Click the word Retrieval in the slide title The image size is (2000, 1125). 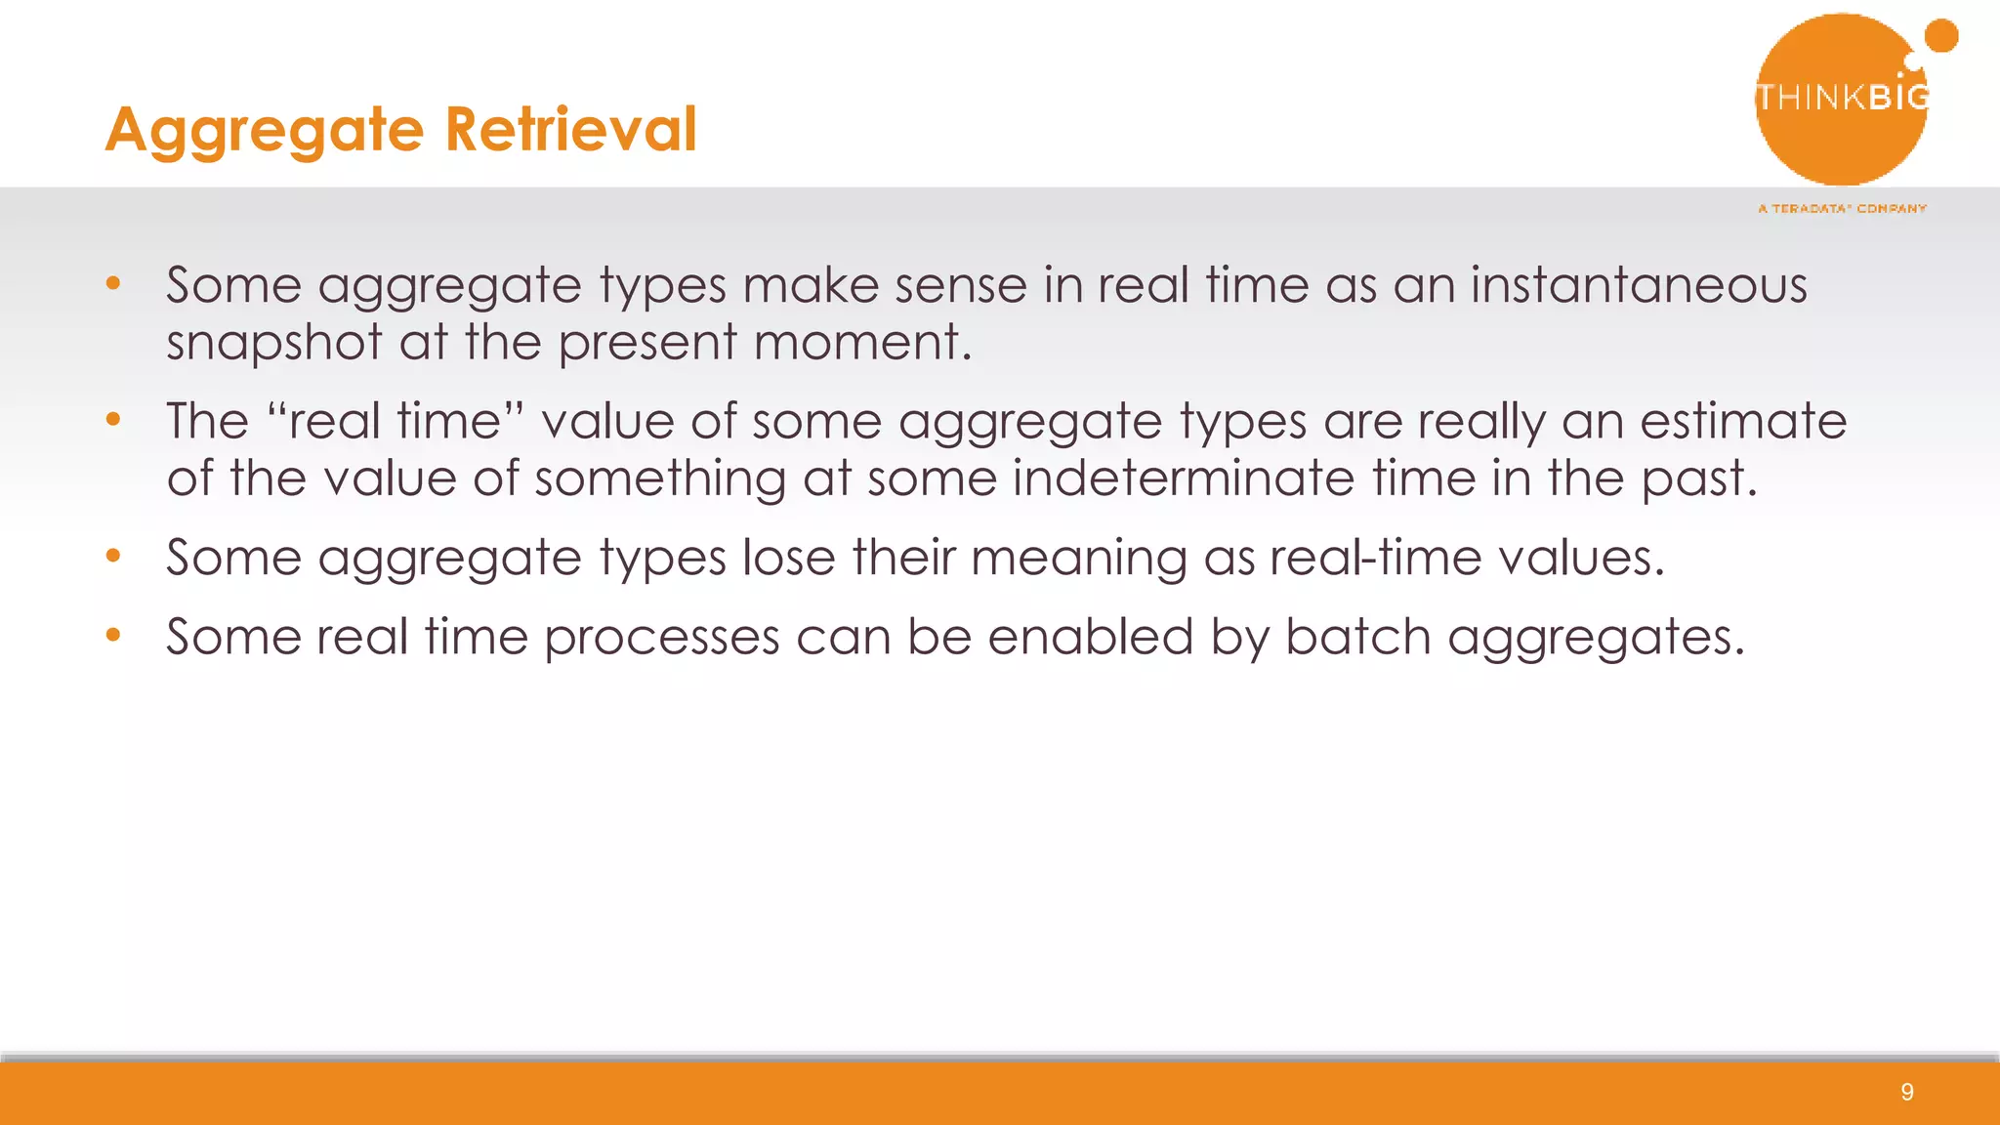(x=571, y=129)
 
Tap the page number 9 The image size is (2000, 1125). (x=1907, y=1092)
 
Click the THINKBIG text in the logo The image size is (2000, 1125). (x=1842, y=97)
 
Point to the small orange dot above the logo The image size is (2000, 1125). (x=1940, y=36)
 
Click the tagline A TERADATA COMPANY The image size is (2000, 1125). (x=1842, y=208)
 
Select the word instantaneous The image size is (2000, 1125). (x=1639, y=285)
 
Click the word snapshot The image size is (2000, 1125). (x=274, y=343)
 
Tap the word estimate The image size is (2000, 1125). (x=1743, y=421)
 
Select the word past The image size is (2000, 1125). (x=1697, y=479)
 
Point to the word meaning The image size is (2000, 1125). (x=1078, y=559)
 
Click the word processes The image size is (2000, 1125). (x=661, y=638)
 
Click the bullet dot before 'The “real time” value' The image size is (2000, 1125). (x=113, y=420)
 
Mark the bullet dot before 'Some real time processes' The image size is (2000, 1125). (x=113, y=636)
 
